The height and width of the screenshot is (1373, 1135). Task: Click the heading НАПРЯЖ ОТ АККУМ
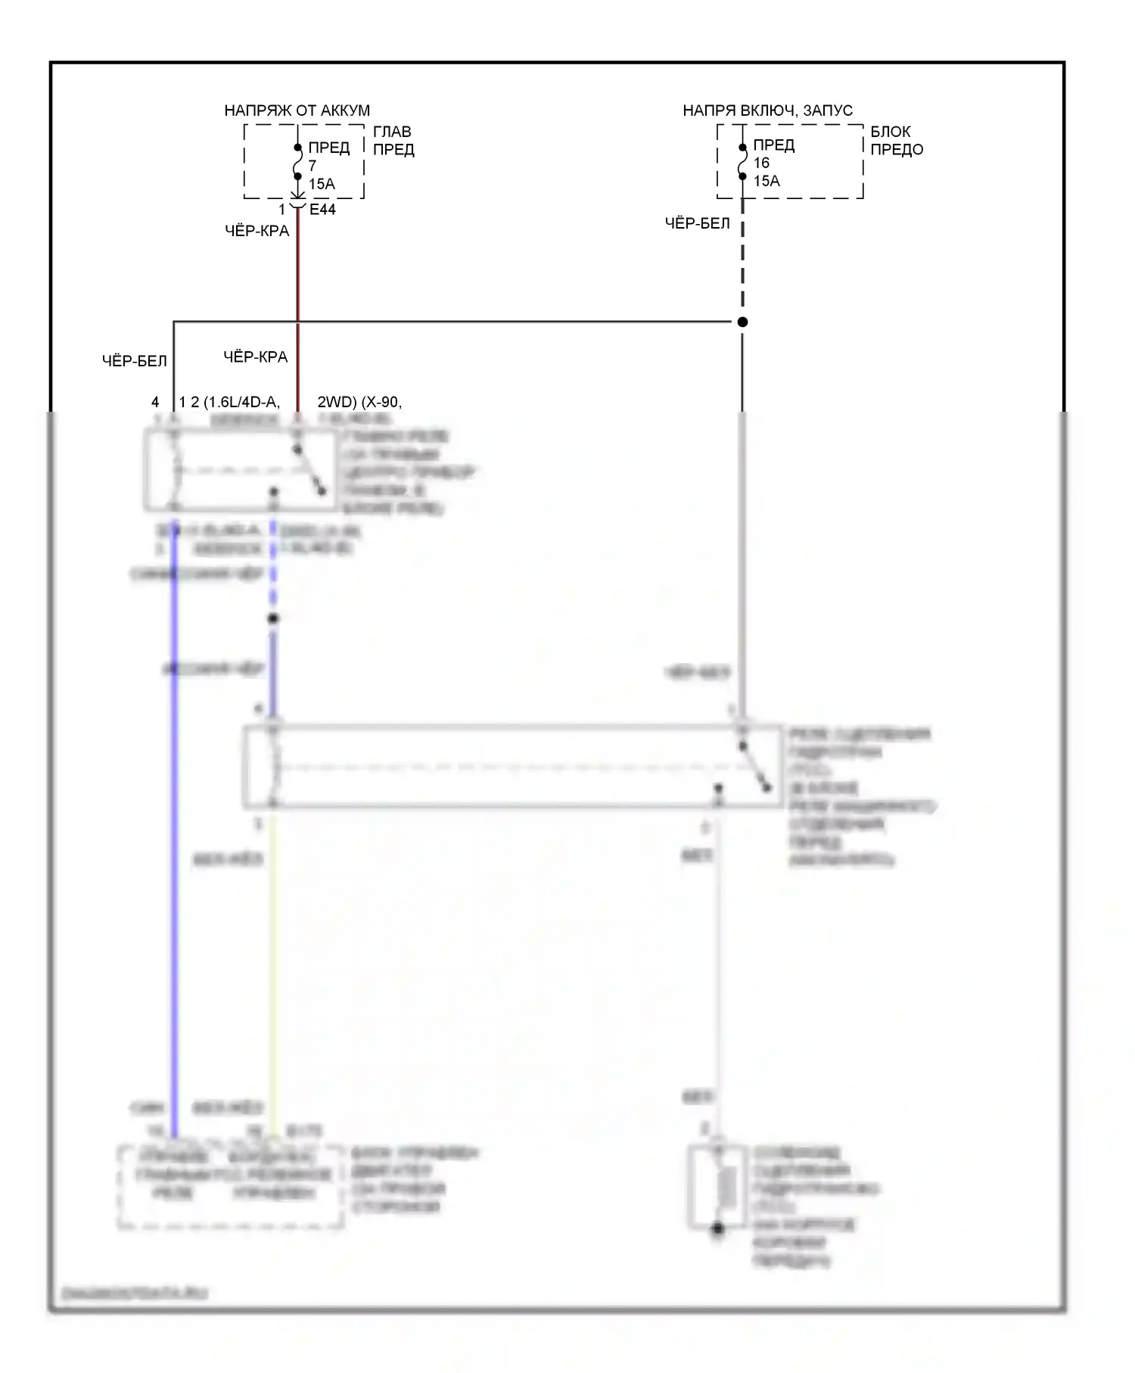[297, 111]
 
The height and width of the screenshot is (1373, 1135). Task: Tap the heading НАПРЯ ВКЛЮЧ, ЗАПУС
[767, 111]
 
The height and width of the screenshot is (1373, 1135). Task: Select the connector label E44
[322, 210]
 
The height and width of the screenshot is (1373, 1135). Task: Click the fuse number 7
[313, 166]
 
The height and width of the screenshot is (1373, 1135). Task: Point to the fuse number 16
[761, 163]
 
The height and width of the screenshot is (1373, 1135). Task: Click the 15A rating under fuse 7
[322, 184]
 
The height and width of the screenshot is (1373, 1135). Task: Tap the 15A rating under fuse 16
[767, 181]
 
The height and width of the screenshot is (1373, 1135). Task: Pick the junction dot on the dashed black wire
[742, 322]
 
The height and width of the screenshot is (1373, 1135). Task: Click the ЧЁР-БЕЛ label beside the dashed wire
[697, 223]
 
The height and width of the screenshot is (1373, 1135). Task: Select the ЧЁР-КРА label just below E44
[257, 231]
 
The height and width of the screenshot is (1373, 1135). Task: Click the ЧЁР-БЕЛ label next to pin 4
[134, 361]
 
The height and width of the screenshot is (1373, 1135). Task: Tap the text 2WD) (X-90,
[359, 402]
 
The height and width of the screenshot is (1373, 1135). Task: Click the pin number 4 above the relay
[155, 402]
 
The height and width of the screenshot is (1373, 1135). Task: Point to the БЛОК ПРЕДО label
[897, 141]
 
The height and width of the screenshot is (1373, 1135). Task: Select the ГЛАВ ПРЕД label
[393, 141]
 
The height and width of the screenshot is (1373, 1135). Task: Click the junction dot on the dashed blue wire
[273, 618]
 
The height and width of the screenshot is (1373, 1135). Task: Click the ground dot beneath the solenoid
[717, 1229]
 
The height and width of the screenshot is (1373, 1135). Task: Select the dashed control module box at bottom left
[231, 1186]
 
